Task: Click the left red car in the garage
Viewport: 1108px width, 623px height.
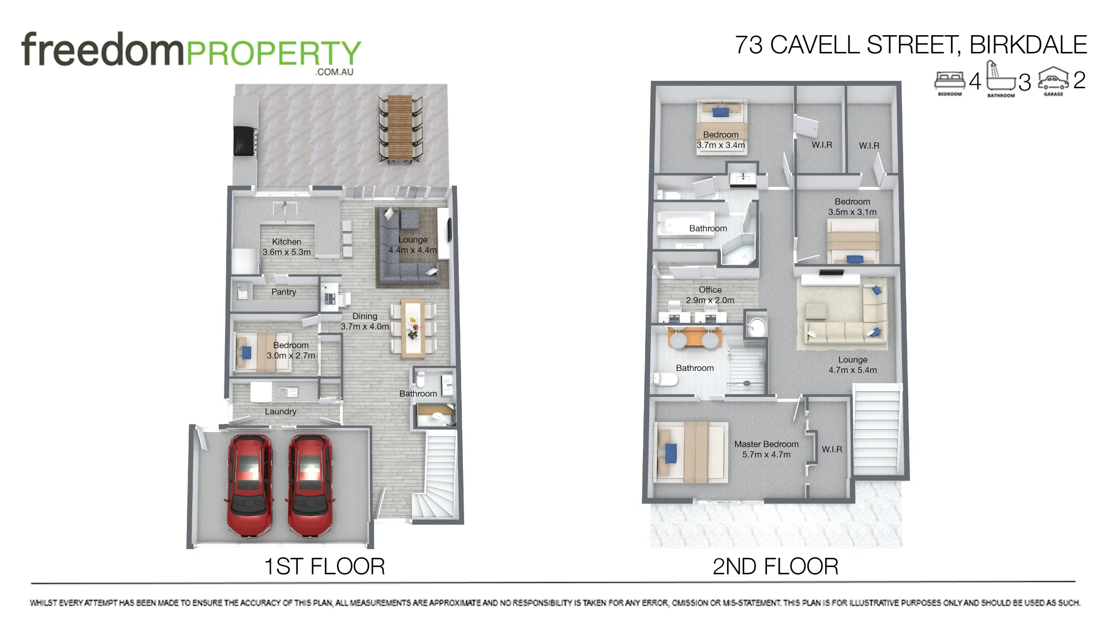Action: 250,486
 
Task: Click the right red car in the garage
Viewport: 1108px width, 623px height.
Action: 310,486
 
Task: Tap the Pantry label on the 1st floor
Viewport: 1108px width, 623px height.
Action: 283,292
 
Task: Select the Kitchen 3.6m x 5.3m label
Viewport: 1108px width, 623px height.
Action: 286,247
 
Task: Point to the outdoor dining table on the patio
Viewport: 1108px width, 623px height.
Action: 400,128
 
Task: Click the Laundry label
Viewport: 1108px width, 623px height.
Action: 280,411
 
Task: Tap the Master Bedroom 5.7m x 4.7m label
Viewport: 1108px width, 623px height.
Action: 766,449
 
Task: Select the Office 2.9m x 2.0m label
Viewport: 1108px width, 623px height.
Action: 710,295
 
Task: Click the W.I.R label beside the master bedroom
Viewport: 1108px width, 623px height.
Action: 832,449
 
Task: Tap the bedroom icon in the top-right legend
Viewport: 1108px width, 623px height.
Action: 949,81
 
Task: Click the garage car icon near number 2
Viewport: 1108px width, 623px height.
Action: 1053,80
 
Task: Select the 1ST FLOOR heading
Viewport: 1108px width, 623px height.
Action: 324,566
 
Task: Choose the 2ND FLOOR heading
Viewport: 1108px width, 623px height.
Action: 775,566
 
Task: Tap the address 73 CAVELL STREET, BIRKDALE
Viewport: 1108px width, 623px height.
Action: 910,45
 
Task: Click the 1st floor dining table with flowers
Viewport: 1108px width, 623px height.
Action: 413,328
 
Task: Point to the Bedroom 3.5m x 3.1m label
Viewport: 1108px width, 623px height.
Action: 852,207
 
